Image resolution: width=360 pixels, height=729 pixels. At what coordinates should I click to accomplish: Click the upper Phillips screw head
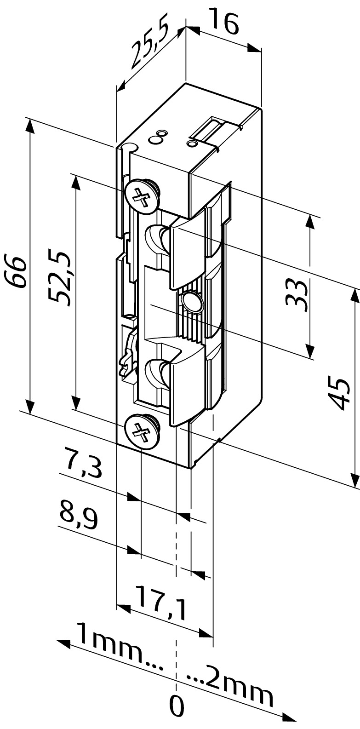142,196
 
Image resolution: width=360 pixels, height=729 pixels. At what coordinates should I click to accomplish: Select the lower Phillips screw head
141,432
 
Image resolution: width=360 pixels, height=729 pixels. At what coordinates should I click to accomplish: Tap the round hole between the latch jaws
191,301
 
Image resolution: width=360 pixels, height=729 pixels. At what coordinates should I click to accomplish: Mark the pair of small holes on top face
157,137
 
